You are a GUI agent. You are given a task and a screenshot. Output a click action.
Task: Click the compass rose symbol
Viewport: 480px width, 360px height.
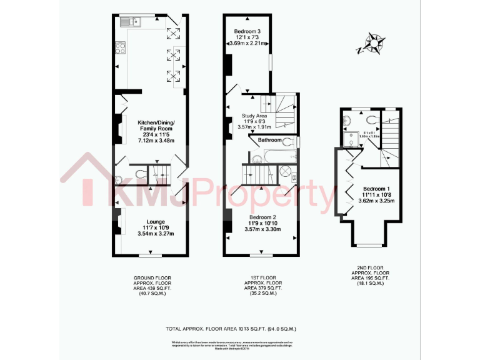click(374, 44)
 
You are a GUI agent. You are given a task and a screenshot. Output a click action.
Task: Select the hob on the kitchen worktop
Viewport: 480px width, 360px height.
click(120, 47)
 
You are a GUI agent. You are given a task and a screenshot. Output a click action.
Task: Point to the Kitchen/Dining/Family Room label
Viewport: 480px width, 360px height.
click(156, 131)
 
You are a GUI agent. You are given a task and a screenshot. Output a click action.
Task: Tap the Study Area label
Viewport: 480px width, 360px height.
click(254, 120)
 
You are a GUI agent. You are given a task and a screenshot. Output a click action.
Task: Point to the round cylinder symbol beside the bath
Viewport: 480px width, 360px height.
click(285, 171)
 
